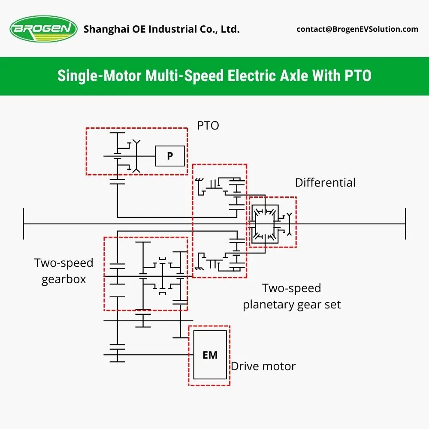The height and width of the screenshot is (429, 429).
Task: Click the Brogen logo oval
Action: point(43,29)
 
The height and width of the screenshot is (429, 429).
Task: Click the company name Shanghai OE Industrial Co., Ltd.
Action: point(161,29)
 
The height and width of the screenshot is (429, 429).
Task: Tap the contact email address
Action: point(357,29)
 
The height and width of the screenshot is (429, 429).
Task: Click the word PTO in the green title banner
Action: point(358,76)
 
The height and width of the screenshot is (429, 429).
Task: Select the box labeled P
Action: point(170,156)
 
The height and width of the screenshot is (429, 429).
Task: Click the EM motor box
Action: point(210,355)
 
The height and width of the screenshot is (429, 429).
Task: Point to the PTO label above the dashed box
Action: point(208,126)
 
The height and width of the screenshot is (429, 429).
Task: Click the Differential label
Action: point(325,182)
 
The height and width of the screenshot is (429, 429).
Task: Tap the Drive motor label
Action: point(263,366)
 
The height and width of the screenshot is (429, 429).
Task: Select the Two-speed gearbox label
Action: point(64,271)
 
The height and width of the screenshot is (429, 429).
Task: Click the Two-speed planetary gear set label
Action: point(292,296)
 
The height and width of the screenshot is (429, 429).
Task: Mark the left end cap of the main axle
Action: point(24,224)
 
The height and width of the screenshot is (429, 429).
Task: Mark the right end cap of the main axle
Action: point(405,224)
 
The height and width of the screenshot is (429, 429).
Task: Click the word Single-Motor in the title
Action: point(99,76)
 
